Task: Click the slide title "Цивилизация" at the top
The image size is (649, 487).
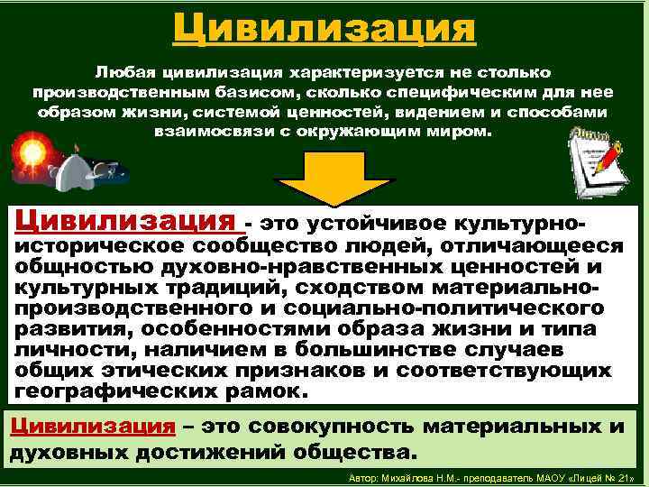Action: pyautogui.click(x=324, y=27)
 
